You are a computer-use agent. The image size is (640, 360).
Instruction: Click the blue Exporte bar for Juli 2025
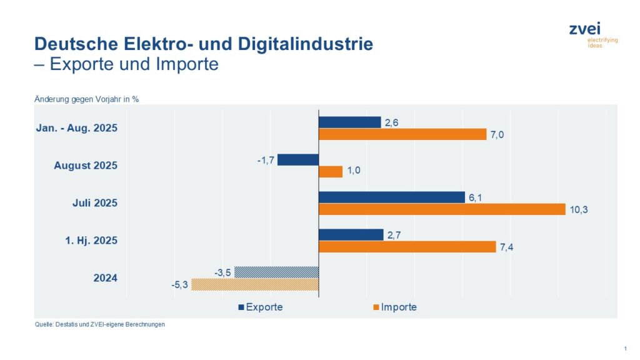tap(391, 197)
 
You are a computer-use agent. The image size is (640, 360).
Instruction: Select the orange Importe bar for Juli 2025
tap(442, 209)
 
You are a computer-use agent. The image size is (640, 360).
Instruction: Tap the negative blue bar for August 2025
tap(298, 159)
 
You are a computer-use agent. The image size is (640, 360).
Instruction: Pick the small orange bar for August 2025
tap(331, 172)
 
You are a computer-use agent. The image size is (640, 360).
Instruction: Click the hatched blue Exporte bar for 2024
tap(276, 272)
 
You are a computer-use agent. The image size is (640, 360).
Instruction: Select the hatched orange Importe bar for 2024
tap(255, 284)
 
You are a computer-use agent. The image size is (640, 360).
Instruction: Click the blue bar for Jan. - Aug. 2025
tap(349, 122)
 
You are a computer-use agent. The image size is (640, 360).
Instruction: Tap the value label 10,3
tap(578, 209)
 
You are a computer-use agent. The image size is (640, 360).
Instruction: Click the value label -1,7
tap(266, 160)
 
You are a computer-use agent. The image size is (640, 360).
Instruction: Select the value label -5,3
tap(179, 285)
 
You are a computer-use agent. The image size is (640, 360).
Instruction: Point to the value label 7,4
tap(507, 247)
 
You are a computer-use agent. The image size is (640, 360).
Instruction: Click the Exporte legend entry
tap(260, 307)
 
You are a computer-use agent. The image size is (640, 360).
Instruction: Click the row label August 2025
tap(86, 166)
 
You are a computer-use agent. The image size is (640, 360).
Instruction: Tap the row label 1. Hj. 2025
tap(91, 241)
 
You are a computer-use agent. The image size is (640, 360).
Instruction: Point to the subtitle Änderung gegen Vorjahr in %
tap(86, 98)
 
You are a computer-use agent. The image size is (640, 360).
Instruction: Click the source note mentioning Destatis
tap(99, 324)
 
